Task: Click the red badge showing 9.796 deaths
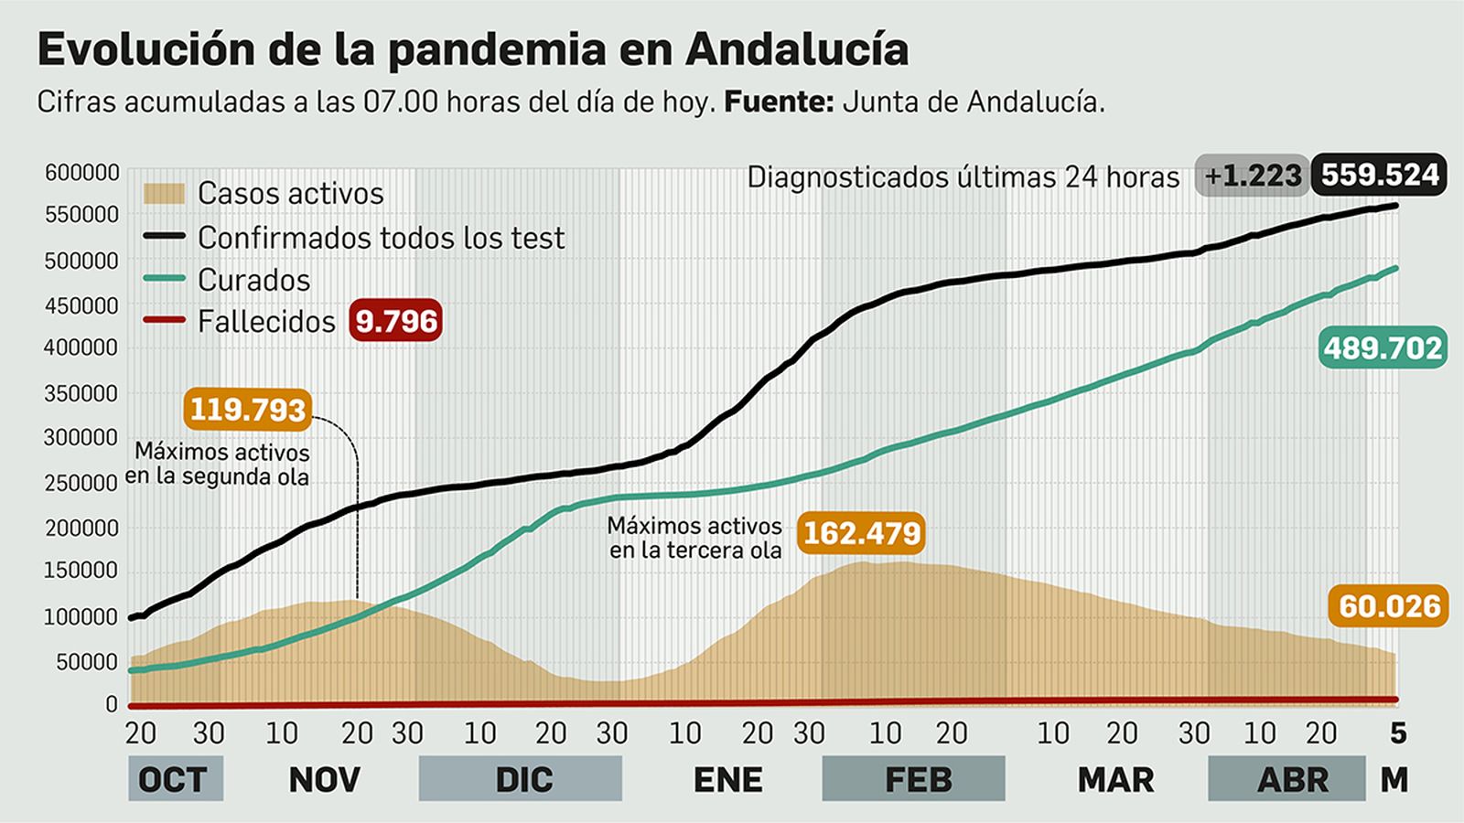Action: [x=395, y=321]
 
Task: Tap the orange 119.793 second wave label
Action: [x=247, y=409]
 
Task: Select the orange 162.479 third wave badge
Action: [x=861, y=532]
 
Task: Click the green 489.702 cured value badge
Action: [x=1382, y=348]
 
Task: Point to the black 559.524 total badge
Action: [x=1379, y=175]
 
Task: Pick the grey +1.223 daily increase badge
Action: [x=1252, y=175]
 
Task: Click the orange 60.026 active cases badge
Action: [x=1389, y=605]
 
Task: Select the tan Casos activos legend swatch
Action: [x=165, y=193]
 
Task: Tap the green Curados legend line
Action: [x=165, y=280]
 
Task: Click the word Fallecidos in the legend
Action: [x=266, y=322]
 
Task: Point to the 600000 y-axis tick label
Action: [x=82, y=172]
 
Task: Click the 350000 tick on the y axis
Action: [x=82, y=393]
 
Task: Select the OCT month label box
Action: [x=175, y=779]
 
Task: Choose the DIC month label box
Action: [x=521, y=779]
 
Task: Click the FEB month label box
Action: [x=913, y=779]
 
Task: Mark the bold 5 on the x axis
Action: [x=1397, y=732]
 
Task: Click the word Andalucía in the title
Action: [x=796, y=49]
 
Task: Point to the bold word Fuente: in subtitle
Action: [x=778, y=102]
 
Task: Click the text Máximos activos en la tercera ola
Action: [x=695, y=538]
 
